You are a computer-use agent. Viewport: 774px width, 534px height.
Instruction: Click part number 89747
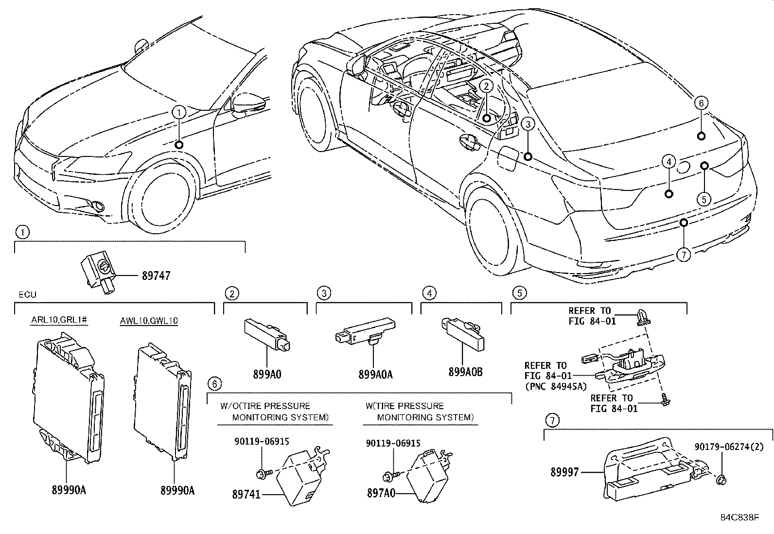point(156,276)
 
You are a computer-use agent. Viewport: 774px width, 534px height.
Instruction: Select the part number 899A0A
point(376,375)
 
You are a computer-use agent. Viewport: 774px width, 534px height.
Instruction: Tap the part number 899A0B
point(465,372)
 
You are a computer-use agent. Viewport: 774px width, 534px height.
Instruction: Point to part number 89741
point(246,494)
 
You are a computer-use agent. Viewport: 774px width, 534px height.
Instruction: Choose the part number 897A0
point(381,493)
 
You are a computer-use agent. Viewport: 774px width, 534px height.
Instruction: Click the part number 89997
point(564,472)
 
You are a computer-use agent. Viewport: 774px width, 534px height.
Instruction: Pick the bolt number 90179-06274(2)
point(729,447)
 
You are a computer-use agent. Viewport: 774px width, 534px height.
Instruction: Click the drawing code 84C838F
point(739,517)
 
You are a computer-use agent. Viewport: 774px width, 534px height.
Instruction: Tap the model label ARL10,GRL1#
point(59,320)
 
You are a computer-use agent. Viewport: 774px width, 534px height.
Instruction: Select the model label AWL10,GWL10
point(149,321)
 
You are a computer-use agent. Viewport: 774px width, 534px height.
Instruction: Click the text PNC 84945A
point(556,386)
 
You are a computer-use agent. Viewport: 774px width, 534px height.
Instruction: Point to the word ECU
point(27,294)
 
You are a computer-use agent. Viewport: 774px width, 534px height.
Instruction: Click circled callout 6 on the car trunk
point(701,103)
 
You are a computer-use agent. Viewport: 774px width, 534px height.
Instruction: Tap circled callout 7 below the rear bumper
point(684,255)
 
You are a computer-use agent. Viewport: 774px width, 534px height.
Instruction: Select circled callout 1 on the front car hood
point(179,112)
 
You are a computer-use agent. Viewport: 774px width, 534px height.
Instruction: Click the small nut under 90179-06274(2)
point(721,480)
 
